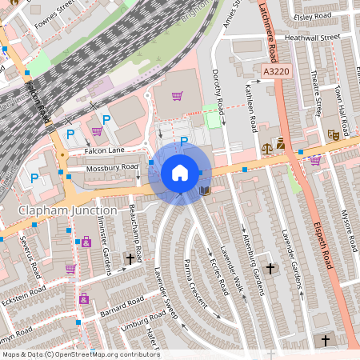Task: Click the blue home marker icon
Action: (180, 173)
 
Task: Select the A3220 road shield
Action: (276, 72)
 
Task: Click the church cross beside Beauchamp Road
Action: (130, 259)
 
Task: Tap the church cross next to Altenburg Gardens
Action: (270, 269)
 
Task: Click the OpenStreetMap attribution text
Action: (80, 354)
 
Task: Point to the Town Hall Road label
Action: (341, 104)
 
